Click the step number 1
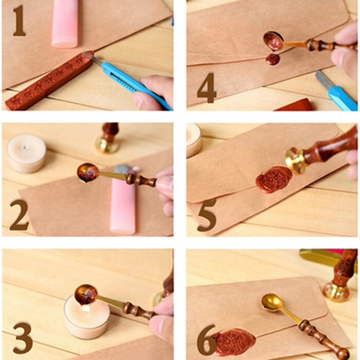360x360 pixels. [19, 21]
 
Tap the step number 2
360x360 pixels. [19, 215]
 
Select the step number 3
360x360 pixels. [22, 338]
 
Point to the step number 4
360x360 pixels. [207, 88]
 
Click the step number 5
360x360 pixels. [207, 215]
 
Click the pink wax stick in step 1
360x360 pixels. [65, 23]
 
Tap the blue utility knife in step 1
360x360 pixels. [133, 83]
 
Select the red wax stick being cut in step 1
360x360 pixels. [49, 81]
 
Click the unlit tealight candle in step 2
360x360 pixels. [26, 153]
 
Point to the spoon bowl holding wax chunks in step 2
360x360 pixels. [88, 173]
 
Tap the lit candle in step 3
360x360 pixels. [87, 317]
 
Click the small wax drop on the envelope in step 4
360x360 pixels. [273, 59]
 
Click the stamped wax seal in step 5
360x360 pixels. [274, 179]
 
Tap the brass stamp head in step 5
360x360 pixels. [296, 161]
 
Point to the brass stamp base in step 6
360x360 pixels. [336, 292]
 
